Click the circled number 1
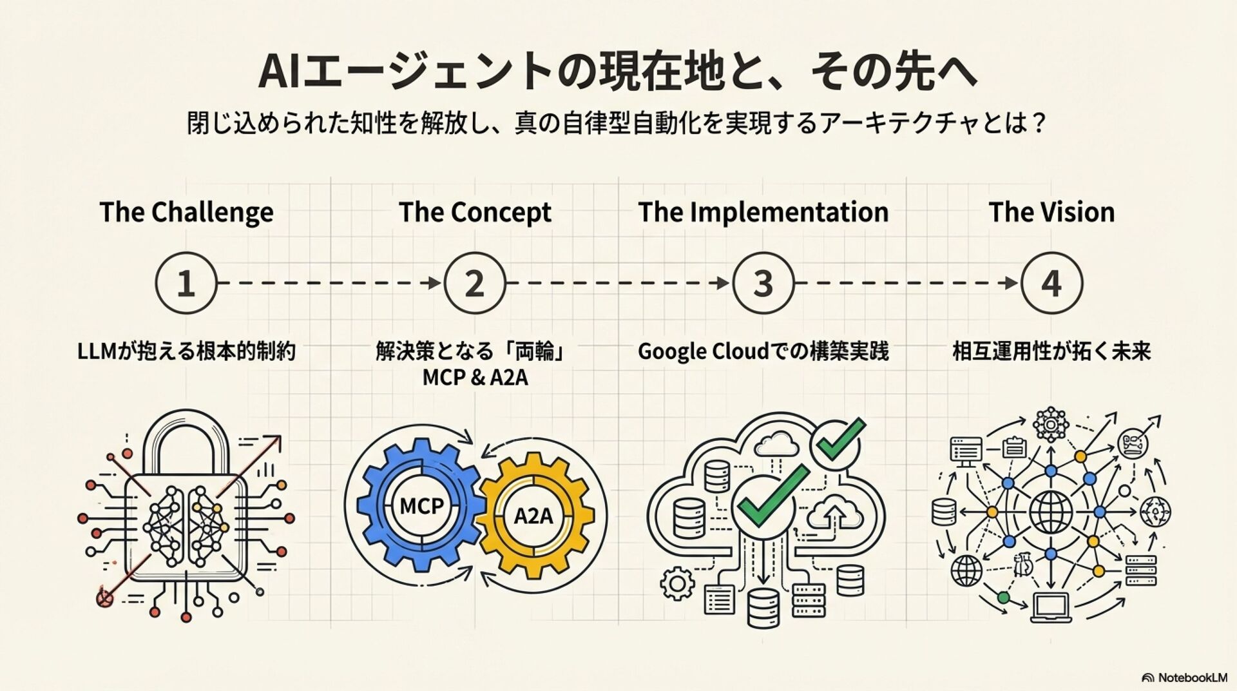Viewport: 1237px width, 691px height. [186, 283]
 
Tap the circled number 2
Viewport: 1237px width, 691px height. [475, 283]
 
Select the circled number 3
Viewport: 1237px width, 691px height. [763, 283]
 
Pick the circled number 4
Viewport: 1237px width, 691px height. [1051, 283]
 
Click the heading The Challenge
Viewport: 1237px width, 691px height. [186, 212]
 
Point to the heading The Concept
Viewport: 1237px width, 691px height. [475, 212]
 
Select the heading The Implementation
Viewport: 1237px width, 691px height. [763, 212]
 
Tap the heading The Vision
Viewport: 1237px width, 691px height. [1051, 212]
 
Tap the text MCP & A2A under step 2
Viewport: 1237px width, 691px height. [475, 378]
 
